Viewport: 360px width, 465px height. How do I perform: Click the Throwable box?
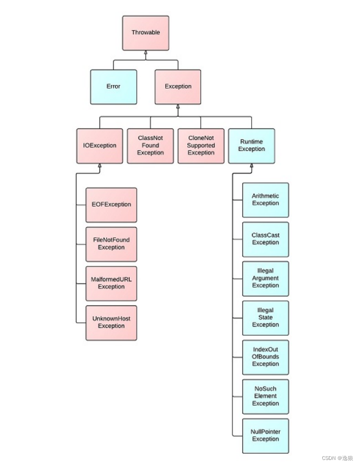[146, 33]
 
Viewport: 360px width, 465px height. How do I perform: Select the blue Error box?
[113, 87]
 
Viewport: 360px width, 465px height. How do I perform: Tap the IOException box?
[100, 146]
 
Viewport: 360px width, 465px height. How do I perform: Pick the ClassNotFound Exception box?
[150, 146]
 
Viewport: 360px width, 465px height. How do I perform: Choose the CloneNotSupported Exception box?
[201, 146]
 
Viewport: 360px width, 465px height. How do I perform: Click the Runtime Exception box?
[252, 146]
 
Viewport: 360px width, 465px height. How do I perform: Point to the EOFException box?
[111, 205]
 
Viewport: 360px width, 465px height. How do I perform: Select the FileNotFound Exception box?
[111, 244]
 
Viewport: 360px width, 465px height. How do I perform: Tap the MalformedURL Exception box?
[111, 283]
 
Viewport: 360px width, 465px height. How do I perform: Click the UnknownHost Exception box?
[111, 323]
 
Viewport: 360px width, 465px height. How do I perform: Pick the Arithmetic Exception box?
[266, 200]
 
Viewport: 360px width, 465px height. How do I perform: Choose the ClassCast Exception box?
[266, 239]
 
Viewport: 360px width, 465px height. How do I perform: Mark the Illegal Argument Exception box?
[266, 279]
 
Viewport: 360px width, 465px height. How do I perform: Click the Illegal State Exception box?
[266, 318]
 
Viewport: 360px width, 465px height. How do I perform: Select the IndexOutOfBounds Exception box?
[266, 358]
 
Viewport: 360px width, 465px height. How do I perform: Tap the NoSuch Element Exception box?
[266, 396]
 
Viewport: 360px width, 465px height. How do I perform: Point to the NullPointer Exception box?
[266, 436]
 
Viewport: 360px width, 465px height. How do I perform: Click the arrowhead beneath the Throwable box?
[146, 53]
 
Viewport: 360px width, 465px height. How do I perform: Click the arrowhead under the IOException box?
[100, 166]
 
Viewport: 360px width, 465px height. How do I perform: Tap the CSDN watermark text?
[337, 458]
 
